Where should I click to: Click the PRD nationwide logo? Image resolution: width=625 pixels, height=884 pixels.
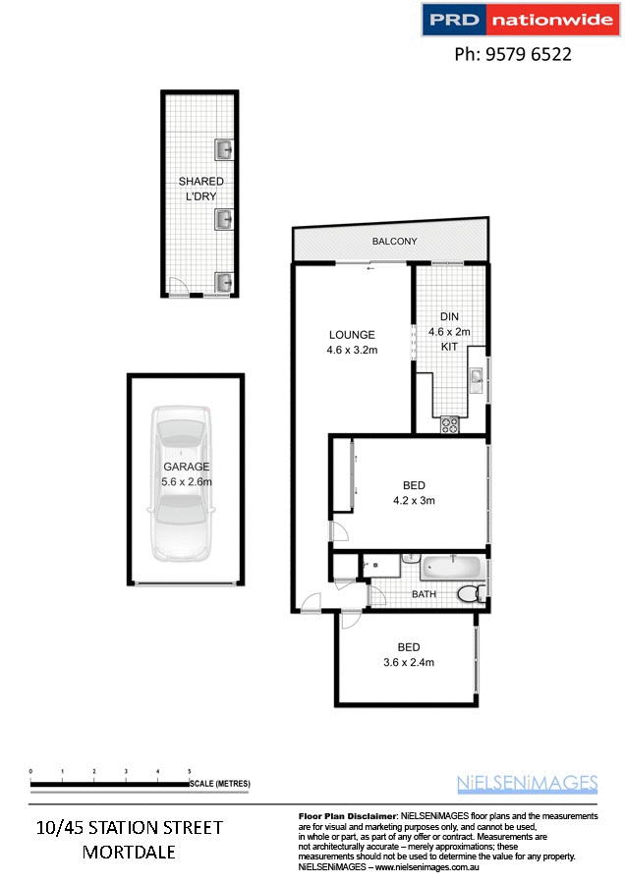point(520,20)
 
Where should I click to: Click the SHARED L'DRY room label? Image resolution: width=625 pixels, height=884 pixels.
point(200,189)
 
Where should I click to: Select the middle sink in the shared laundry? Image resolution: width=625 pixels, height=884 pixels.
point(224,219)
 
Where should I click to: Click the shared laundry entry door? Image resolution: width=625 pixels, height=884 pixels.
point(178,288)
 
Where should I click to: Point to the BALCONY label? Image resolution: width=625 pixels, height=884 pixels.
point(394,242)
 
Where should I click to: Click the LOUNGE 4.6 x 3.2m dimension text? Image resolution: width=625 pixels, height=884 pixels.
point(353,350)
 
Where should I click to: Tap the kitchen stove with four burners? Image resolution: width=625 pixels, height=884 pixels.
point(450,424)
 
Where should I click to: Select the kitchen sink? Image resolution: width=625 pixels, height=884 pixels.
point(476,378)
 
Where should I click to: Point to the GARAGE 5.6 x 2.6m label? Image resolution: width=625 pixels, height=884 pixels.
point(187,474)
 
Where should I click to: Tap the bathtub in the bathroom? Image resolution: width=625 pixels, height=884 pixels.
point(452,568)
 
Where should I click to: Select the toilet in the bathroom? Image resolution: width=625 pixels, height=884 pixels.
point(471,594)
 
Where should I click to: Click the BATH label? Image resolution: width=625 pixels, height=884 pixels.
point(424,594)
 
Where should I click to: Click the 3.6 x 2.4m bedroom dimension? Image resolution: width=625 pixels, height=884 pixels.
point(409,662)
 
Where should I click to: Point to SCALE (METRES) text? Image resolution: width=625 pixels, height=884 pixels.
point(220,784)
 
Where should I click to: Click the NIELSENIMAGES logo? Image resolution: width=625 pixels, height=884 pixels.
point(527,783)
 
